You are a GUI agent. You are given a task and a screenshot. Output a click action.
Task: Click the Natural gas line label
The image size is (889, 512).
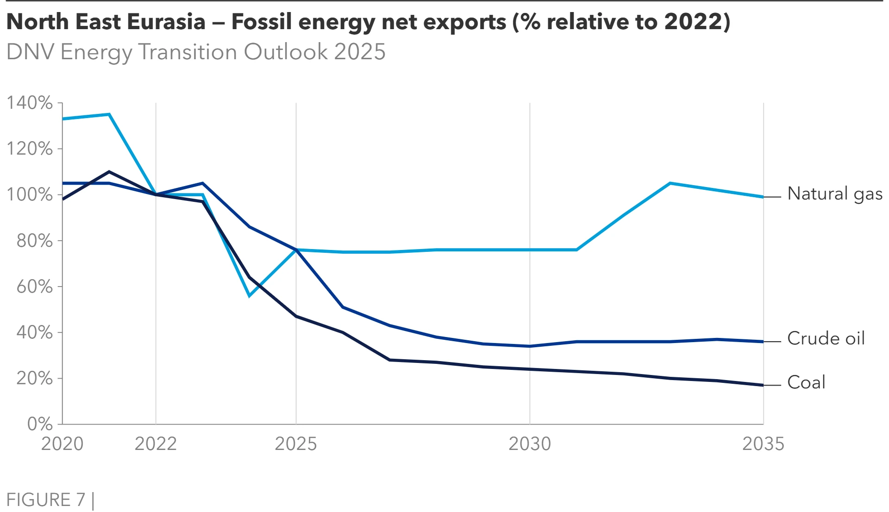click(x=834, y=194)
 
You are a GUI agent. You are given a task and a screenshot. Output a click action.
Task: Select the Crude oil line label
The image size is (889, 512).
click(x=826, y=338)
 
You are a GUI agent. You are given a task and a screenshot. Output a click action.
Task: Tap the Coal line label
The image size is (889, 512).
click(x=806, y=382)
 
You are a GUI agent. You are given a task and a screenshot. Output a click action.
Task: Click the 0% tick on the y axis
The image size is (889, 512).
click(x=40, y=424)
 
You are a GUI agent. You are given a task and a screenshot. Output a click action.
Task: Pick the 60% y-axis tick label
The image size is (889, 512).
click(x=35, y=287)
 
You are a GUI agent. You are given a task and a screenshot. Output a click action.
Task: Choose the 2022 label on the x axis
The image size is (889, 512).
click(x=156, y=444)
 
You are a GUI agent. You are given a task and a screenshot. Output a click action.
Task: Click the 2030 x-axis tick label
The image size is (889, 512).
click(x=530, y=444)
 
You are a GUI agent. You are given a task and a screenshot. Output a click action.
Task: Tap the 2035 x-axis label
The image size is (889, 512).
click(x=763, y=444)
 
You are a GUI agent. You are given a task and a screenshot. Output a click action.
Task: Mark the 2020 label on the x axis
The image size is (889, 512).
click(x=63, y=444)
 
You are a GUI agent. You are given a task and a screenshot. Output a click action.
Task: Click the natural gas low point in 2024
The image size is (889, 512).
click(x=249, y=296)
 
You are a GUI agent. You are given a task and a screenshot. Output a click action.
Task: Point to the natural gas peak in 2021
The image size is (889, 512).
click(x=109, y=114)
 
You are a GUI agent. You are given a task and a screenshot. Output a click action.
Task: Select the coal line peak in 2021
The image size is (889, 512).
click(x=109, y=172)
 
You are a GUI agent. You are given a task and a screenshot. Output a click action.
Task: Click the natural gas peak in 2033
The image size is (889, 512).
click(x=670, y=183)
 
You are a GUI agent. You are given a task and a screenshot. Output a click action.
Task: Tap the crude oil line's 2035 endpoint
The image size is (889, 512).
click(x=763, y=342)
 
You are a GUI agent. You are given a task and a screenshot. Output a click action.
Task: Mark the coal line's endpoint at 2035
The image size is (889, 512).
click(x=763, y=385)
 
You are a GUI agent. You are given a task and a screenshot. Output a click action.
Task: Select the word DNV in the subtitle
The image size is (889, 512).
click(x=31, y=52)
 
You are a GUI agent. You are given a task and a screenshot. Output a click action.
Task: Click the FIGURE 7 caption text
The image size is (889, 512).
click(x=46, y=500)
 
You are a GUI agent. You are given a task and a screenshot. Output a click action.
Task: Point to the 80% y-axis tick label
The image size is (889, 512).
click(x=35, y=241)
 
